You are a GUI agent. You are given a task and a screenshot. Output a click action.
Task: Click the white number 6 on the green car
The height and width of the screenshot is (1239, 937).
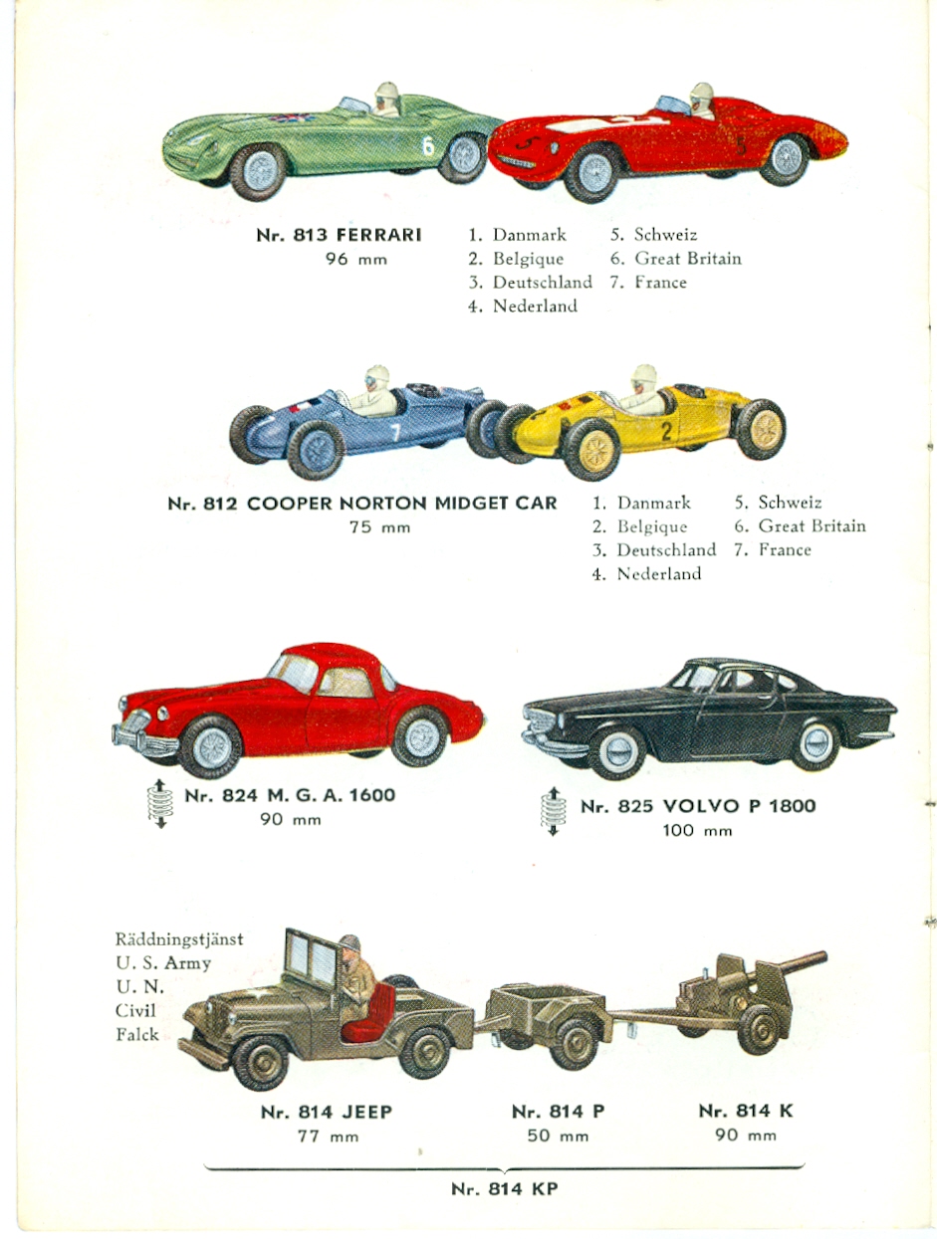429,145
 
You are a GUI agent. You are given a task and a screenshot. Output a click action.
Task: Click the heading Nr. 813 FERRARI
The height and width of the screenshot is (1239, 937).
339,235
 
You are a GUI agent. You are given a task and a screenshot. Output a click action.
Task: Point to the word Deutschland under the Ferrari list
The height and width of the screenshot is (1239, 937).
543,283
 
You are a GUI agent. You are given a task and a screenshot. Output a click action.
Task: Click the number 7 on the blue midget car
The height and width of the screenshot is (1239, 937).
396,432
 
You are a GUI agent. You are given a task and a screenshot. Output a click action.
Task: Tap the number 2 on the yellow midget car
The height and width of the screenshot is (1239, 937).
666,431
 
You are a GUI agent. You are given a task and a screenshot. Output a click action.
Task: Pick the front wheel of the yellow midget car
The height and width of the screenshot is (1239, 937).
592,450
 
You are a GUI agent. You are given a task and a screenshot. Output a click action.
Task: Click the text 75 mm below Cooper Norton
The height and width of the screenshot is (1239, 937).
379,527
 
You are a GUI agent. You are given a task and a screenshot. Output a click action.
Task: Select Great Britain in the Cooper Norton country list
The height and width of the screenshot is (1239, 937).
812,526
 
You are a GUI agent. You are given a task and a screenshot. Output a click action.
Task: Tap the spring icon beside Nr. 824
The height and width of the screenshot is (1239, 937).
160,804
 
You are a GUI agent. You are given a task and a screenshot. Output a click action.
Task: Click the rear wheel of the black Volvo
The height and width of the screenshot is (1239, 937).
816,744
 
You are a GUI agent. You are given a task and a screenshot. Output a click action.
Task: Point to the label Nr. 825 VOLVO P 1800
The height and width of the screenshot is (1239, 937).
698,805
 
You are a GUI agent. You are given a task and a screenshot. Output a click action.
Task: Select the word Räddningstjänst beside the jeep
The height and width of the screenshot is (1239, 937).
179,939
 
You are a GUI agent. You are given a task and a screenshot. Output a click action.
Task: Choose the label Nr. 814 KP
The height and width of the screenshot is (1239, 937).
505,1189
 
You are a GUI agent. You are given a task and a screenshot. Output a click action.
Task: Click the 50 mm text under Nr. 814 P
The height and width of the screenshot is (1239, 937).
558,1136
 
